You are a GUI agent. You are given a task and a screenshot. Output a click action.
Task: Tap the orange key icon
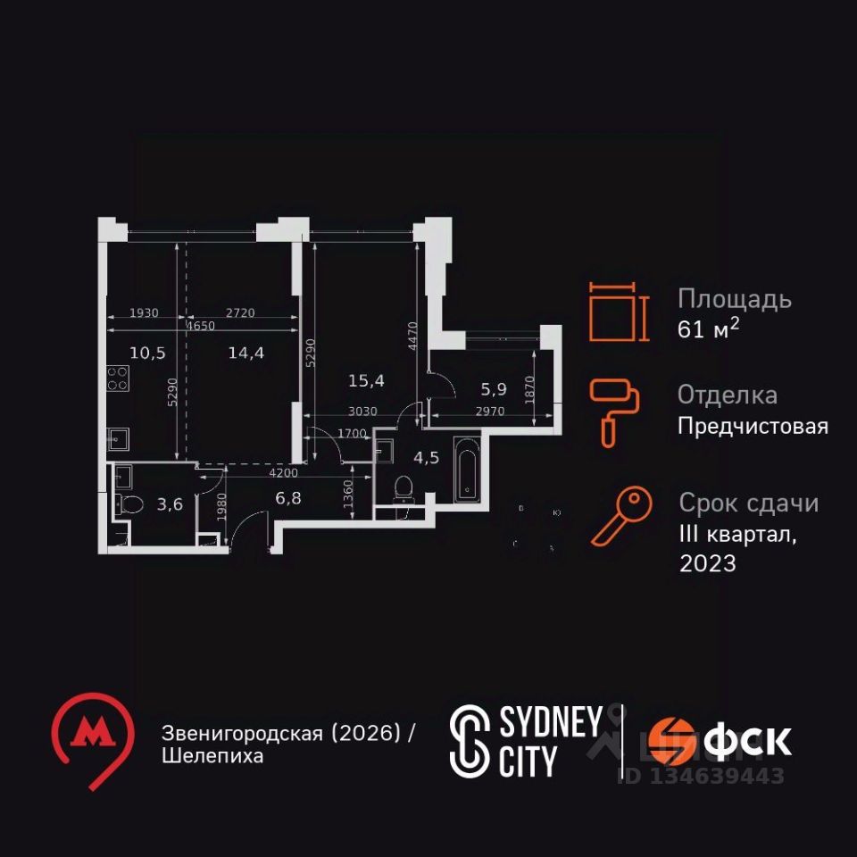(x=615, y=518)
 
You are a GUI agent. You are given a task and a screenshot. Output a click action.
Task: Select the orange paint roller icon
(x=614, y=411)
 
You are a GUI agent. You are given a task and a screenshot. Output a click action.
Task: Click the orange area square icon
(x=613, y=312)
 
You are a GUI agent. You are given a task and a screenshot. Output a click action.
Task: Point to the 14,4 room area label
(x=245, y=352)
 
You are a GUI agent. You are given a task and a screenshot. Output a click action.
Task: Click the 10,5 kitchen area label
(x=147, y=352)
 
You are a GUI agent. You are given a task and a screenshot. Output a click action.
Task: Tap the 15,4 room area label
(x=366, y=381)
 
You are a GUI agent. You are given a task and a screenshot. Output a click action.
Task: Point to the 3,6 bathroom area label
(x=170, y=504)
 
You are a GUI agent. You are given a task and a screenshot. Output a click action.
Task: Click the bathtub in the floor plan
(x=467, y=469)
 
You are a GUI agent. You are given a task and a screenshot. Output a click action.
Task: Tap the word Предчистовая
(x=753, y=427)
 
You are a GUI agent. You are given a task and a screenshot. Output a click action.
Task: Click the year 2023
(x=708, y=564)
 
